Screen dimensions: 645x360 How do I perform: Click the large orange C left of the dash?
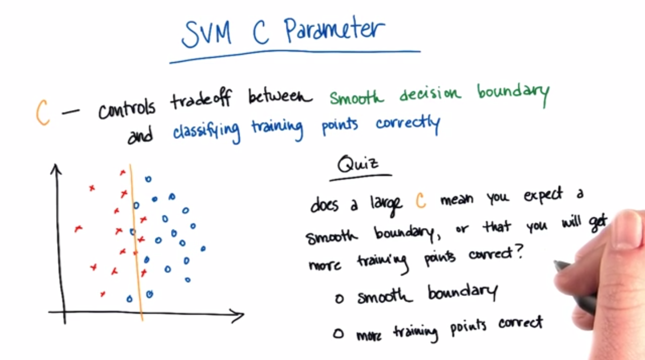[x=43, y=112]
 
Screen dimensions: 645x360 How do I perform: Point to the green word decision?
[x=430, y=94]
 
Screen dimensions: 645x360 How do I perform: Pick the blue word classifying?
[x=206, y=131]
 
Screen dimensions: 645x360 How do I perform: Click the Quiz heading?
[x=358, y=164]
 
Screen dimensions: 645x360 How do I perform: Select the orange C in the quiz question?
[x=421, y=200]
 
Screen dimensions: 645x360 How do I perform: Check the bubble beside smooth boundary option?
[x=340, y=299]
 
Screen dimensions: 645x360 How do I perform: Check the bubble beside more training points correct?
[x=338, y=334]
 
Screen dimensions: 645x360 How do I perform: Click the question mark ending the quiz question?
[x=519, y=251]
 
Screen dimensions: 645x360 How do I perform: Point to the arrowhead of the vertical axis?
[x=56, y=169]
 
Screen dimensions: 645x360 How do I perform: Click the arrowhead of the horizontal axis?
[x=238, y=315]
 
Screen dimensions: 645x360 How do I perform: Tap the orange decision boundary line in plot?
[x=136, y=242]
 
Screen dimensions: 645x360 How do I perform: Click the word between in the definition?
[x=280, y=95]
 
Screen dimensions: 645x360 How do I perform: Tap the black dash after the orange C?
[x=71, y=111]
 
